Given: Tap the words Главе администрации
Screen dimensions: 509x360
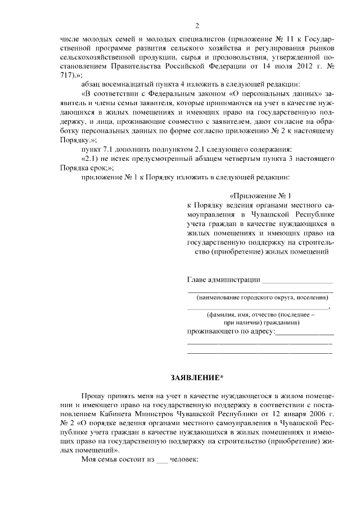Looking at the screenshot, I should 223,279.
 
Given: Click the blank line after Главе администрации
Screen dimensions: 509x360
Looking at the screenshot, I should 298,280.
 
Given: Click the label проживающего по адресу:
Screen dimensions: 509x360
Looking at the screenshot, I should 230,332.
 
